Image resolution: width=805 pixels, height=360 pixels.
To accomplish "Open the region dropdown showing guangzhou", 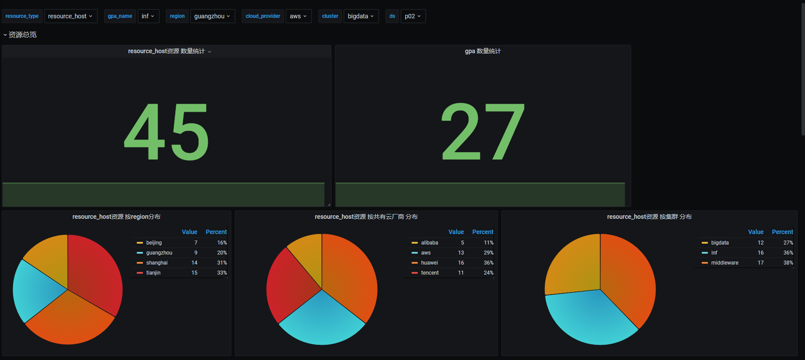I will coord(212,16).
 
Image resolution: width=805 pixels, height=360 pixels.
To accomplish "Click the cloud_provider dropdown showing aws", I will coord(298,16).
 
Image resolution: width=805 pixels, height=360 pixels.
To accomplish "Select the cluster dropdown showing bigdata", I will coord(361,16).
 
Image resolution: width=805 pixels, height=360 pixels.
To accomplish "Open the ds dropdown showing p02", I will coord(413,16).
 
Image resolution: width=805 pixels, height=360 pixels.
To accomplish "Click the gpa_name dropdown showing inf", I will coord(148,16).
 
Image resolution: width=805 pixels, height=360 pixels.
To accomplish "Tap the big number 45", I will coord(166,132).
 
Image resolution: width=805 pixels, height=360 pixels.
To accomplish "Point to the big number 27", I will coord(483,132).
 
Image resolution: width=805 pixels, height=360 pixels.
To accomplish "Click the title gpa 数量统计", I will coord(483,51).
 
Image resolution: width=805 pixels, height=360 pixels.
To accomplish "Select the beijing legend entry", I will coord(154,243).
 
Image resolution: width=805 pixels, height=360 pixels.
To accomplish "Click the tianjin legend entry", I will coord(153,273).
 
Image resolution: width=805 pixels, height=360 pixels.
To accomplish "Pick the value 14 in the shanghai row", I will coord(194,263).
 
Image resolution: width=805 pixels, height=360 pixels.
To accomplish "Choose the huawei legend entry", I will coord(430,263).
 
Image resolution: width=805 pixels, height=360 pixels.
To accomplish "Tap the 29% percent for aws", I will coord(488,253).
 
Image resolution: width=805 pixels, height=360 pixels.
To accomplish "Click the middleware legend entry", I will coord(724,263).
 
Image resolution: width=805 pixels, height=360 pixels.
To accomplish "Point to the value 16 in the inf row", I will coord(761,253).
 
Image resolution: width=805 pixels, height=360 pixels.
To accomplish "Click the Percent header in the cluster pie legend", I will coord(782,232).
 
